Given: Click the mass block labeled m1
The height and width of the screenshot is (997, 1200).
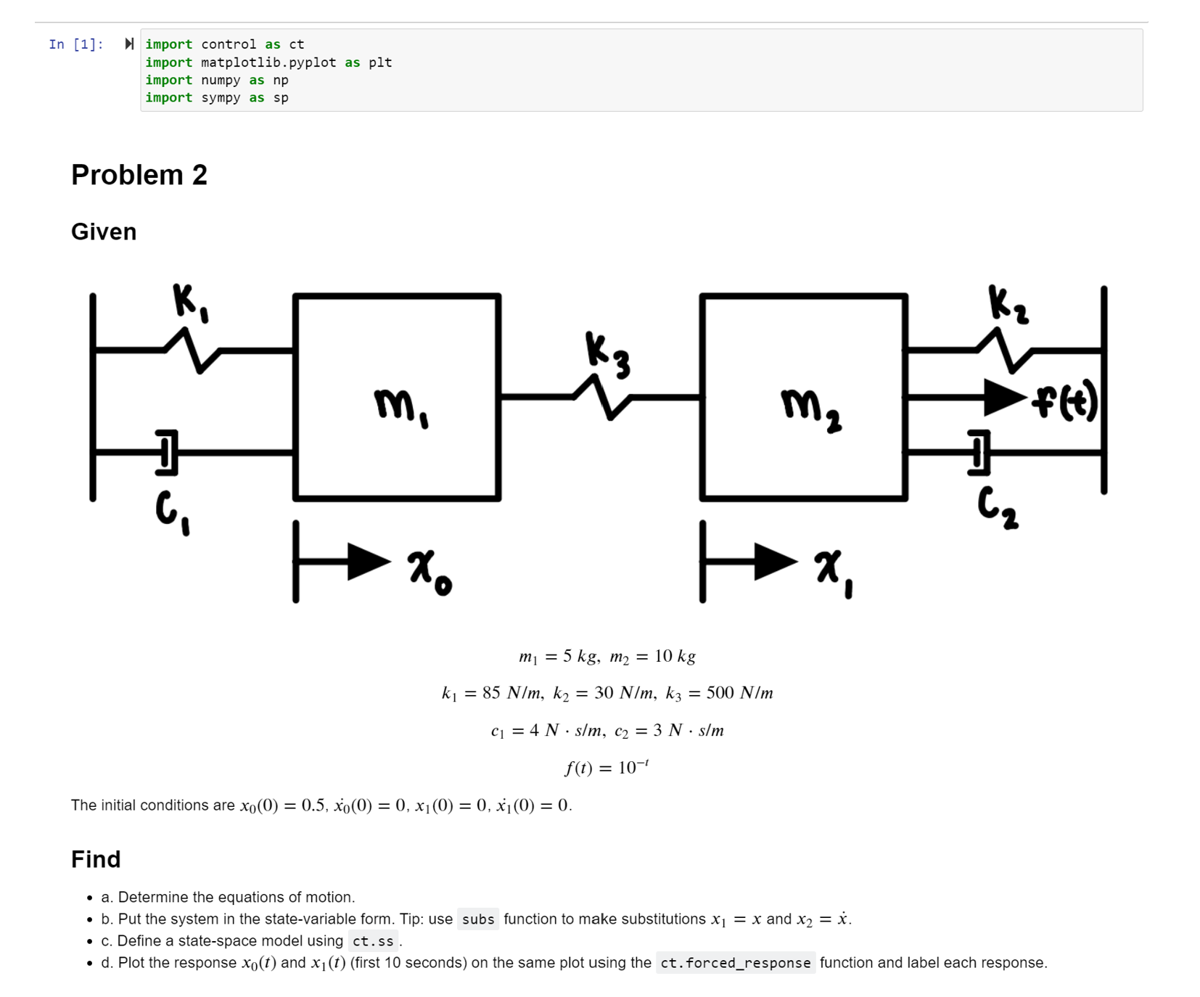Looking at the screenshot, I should [x=396, y=397].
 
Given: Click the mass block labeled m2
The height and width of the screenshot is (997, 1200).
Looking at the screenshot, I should [x=803, y=397].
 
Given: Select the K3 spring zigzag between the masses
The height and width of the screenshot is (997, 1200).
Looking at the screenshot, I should [x=603, y=397].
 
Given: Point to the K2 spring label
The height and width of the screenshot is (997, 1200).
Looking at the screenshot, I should [x=1007, y=303].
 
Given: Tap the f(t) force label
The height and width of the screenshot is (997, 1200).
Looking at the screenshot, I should [x=1065, y=401].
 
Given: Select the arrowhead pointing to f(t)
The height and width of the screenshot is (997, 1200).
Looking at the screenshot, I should [x=1004, y=397].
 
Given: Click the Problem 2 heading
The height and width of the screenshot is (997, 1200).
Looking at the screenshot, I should [x=139, y=175].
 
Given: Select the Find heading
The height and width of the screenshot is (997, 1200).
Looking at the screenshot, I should [x=96, y=859].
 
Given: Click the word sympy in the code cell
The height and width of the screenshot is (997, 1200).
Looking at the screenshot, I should [x=221, y=97].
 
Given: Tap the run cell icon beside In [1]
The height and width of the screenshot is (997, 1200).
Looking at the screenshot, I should [x=129, y=44].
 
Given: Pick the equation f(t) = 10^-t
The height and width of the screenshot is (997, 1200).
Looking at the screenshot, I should [x=607, y=767].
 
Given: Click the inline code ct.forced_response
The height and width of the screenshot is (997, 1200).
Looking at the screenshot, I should [x=735, y=963].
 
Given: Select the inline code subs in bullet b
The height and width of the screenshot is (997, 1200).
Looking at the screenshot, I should [x=478, y=919].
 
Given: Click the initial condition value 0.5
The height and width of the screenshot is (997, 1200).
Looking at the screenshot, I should [x=313, y=805].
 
